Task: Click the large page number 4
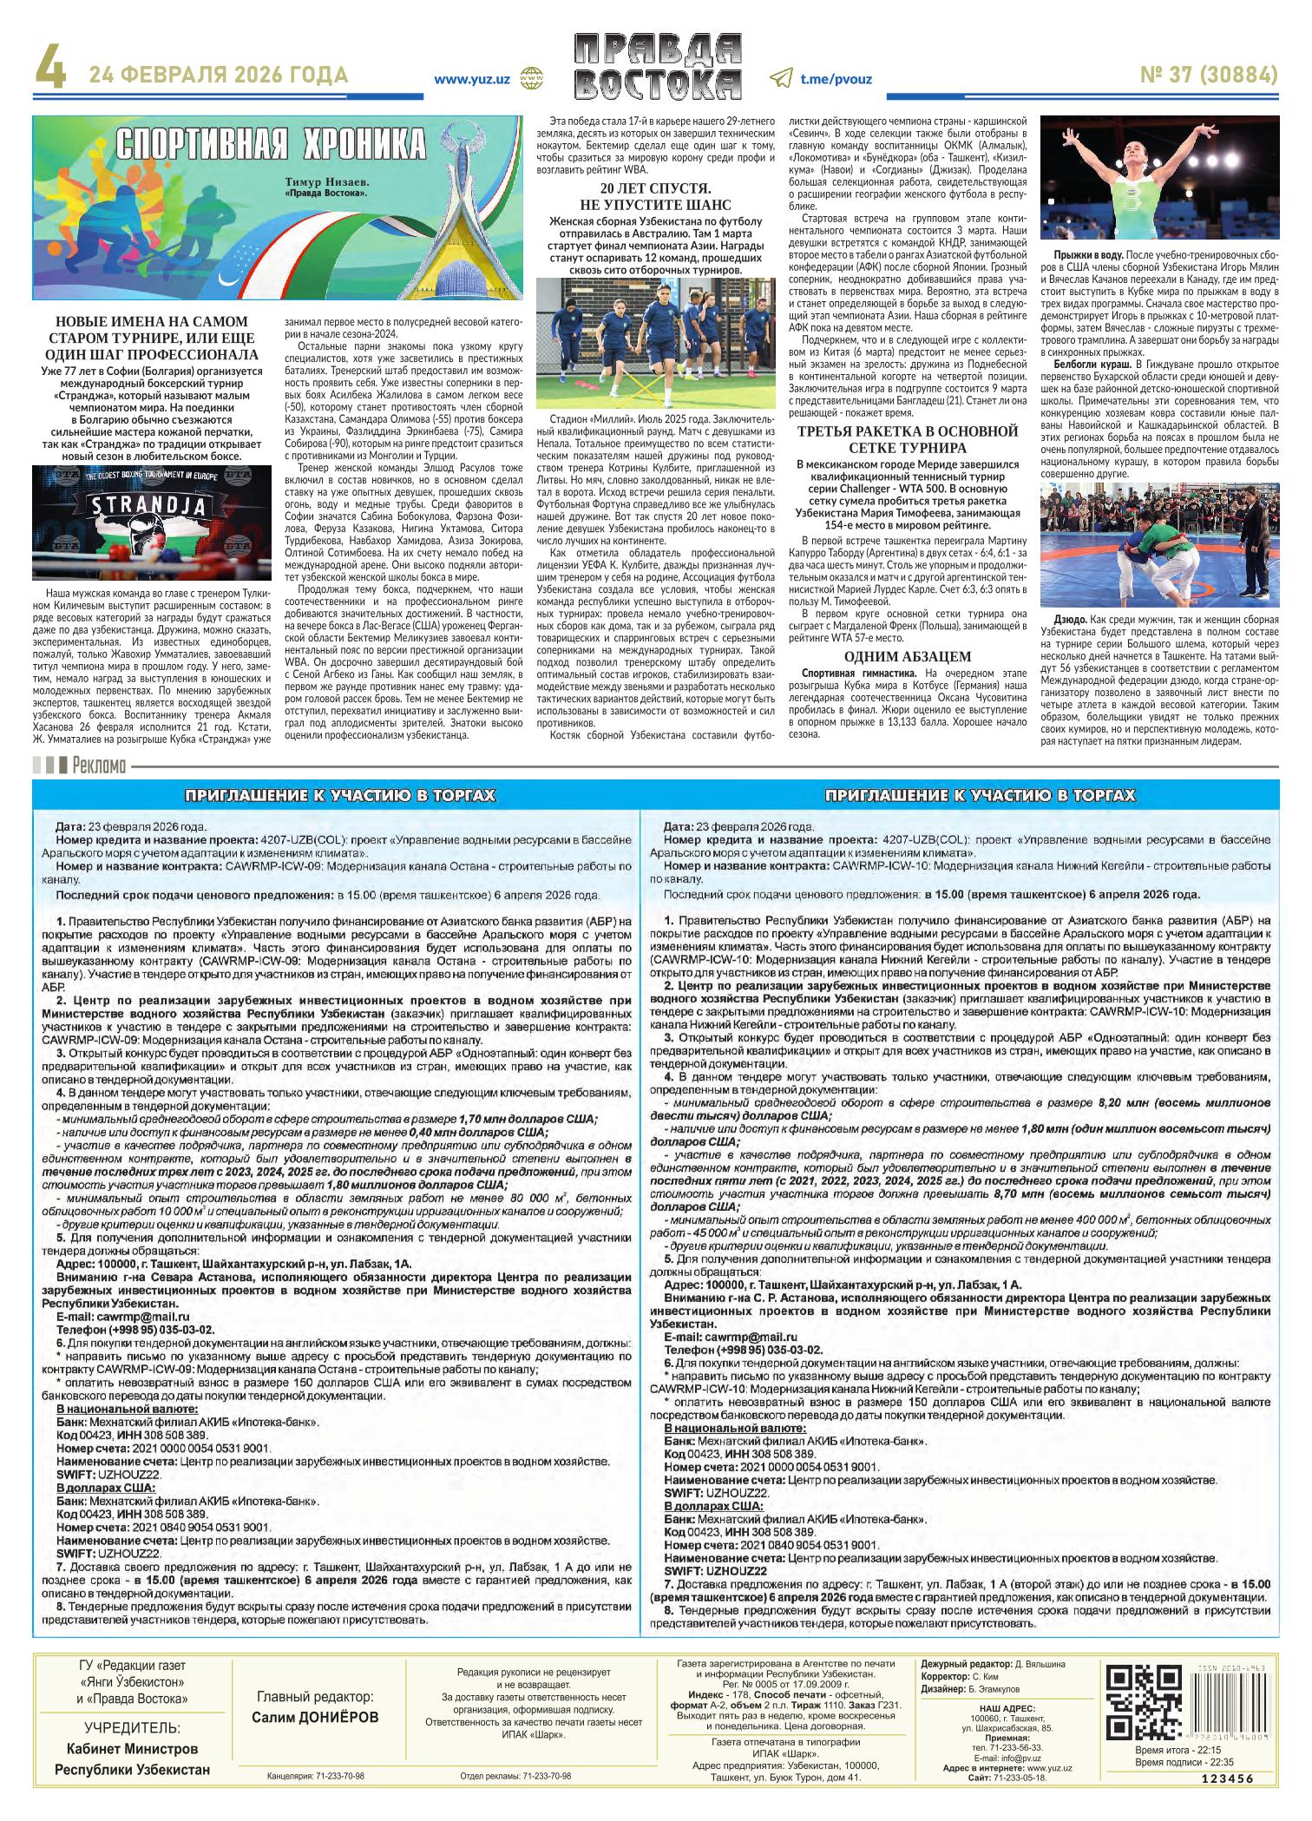(49, 74)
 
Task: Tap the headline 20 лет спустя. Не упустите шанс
(656, 197)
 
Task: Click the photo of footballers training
(656, 345)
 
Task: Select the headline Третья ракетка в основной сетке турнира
(907, 439)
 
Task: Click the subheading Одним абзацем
(907, 656)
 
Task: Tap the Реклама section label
(100, 766)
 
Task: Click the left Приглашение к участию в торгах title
(340, 795)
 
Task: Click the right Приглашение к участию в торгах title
(980, 795)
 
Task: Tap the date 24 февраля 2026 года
(219, 76)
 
